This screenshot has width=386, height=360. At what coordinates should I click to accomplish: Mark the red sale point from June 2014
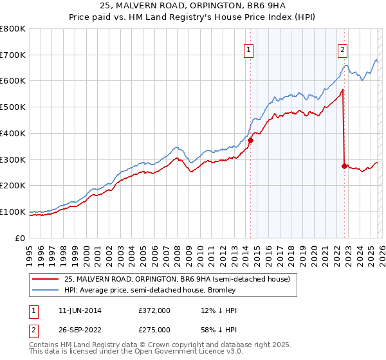250,140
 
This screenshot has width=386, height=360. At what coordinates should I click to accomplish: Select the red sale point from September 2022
344,166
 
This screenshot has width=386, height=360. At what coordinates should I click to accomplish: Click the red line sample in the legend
46,279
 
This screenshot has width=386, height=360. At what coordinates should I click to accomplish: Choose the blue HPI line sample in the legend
46,290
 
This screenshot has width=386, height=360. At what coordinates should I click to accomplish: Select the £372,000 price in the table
154,310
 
